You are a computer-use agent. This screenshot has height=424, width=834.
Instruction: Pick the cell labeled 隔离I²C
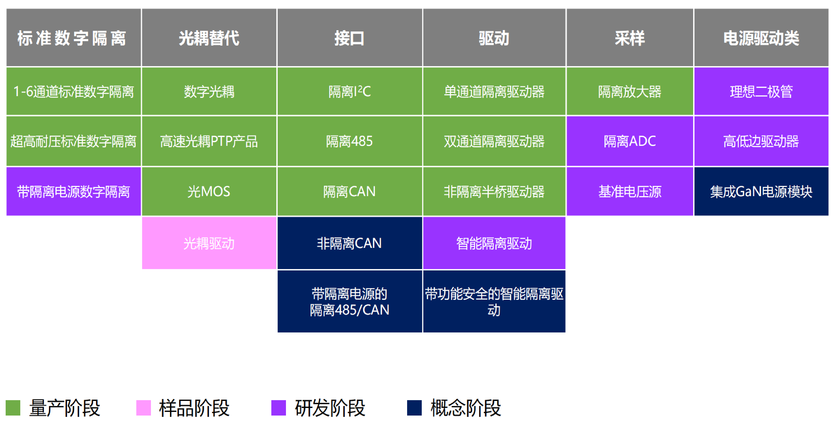click(x=350, y=91)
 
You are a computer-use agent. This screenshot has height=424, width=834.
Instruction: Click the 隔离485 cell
click(x=350, y=141)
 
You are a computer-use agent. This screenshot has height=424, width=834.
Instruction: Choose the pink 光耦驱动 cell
click(x=209, y=243)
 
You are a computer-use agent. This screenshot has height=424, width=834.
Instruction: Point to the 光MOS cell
click(x=209, y=191)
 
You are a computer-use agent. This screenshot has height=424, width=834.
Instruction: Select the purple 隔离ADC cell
click(x=630, y=141)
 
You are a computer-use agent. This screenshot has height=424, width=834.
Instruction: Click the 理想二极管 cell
click(x=761, y=91)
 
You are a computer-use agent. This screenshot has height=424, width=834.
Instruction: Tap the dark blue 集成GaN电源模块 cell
click(x=761, y=191)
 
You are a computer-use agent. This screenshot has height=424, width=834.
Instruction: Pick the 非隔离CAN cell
click(x=350, y=243)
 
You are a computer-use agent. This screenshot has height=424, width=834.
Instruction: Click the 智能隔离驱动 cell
click(x=494, y=243)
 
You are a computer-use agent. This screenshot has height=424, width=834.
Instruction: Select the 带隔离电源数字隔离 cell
click(x=73, y=191)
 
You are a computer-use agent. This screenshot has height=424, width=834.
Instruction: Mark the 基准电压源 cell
click(x=630, y=191)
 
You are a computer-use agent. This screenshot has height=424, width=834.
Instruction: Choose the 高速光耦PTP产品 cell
click(x=209, y=141)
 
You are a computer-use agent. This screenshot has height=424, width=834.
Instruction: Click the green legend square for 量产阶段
click(x=13, y=408)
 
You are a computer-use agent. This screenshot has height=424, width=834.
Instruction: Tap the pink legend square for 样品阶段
click(x=143, y=408)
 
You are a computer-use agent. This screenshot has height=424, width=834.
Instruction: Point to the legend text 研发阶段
click(x=330, y=408)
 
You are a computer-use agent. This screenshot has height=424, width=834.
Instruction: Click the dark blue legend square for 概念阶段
click(x=414, y=408)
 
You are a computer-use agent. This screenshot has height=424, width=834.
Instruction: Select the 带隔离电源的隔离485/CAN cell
click(x=350, y=301)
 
